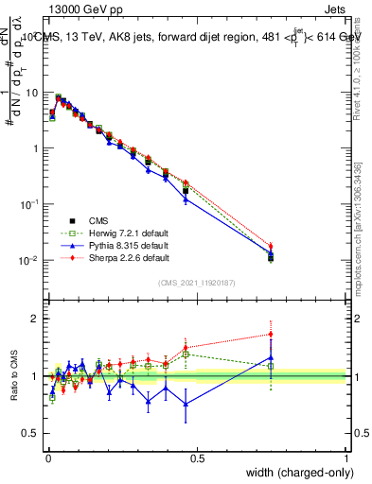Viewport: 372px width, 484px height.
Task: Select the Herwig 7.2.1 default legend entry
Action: [113, 233]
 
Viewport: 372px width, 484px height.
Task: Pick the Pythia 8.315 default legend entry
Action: [112, 245]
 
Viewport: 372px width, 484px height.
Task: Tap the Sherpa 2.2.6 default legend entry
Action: [112, 257]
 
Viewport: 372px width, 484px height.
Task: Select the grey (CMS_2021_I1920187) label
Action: [197, 282]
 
